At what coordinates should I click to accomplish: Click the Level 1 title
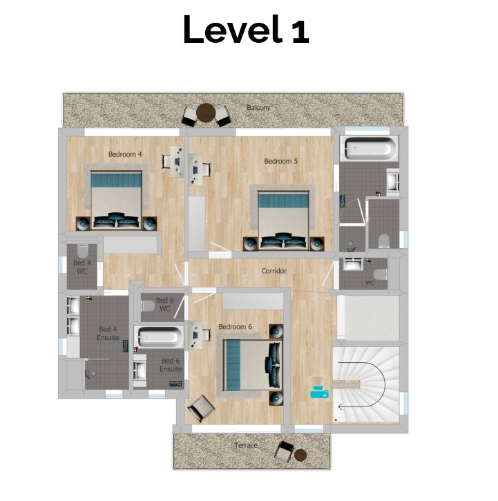click(x=246, y=29)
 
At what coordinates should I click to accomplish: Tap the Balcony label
click(x=258, y=108)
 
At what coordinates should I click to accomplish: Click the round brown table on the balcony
click(x=206, y=113)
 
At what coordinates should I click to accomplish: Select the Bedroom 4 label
click(x=125, y=154)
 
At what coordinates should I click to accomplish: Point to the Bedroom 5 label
click(x=281, y=161)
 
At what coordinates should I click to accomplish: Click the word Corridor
click(x=274, y=271)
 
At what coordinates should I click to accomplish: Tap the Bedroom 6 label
click(x=235, y=327)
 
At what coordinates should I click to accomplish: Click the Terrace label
click(x=246, y=446)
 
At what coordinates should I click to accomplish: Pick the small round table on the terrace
click(x=300, y=455)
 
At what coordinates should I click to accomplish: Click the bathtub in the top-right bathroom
click(x=369, y=149)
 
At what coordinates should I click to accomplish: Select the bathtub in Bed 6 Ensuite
click(x=159, y=337)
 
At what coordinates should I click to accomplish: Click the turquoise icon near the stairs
click(x=319, y=392)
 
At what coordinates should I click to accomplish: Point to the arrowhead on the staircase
click(x=341, y=407)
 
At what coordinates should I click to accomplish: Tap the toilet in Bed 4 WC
click(x=82, y=251)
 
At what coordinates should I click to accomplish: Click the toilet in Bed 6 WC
click(x=148, y=305)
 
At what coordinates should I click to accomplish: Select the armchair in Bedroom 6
click(x=201, y=408)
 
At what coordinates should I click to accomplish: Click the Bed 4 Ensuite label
click(x=108, y=333)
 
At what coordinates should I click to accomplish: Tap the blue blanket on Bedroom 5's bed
click(x=283, y=200)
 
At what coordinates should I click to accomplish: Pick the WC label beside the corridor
click(x=370, y=283)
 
